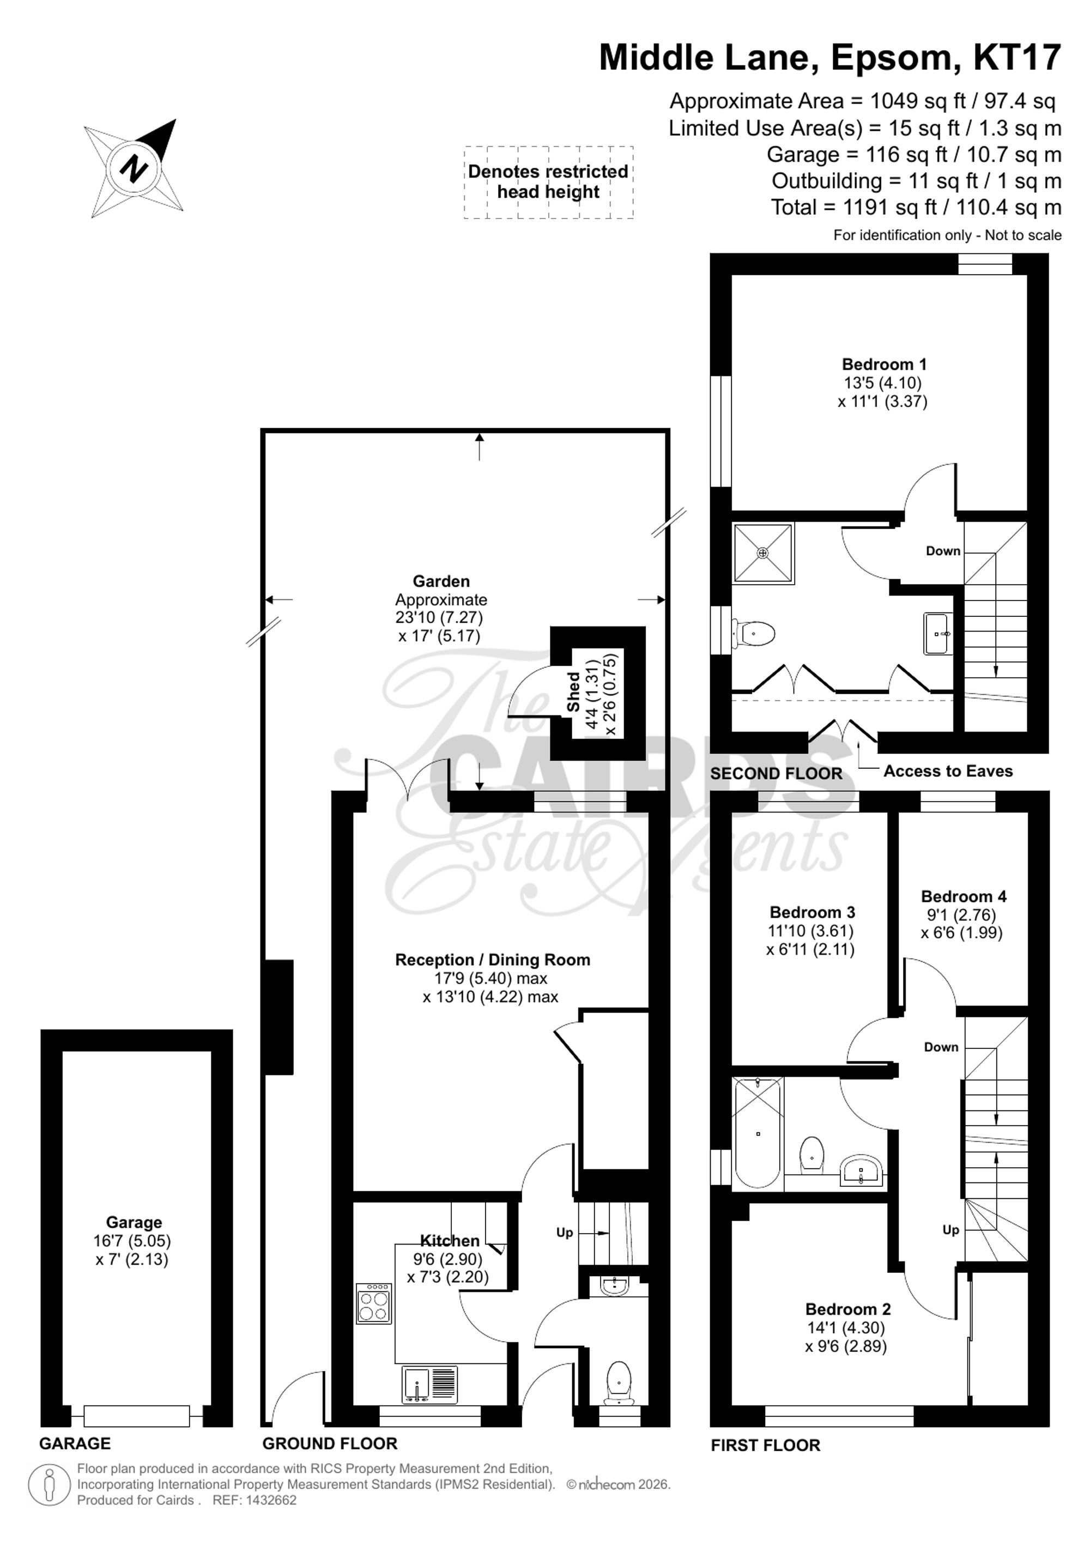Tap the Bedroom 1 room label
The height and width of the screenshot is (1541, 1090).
pyautogui.click(x=884, y=365)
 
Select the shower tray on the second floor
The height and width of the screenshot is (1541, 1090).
pyautogui.click(x=763, y=553)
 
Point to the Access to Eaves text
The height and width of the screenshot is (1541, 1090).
pyautogui.click(x=948, y=771)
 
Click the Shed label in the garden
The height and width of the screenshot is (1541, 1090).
pyautogui.click(x=574, y=692)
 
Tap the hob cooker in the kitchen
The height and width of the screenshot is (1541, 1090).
pyautogui.click(x=374, y=1304)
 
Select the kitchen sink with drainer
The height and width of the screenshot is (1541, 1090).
pyautogui.click(x=429, y=1384)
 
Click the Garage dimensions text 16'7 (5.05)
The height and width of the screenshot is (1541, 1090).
pyautogui.click(x=132, y=1241)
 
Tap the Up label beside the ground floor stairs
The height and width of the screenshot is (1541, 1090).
pyautogui.click(x=565, y=1232)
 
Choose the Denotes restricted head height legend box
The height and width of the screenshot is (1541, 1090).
pyautogui.click(x=548, y=182)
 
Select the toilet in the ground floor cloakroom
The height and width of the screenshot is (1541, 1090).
pyautogui.click(x=618, y=1382)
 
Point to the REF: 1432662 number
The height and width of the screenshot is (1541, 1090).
pyautogui.click(x=255, y=1500)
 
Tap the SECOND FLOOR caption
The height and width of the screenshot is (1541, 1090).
pyautogui.click(x=776, y=773)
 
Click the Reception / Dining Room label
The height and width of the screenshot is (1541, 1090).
pyautogui.click(x=493, y=960)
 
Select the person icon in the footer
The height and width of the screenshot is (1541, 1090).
pyautogui.click(x=49, y=1485)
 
